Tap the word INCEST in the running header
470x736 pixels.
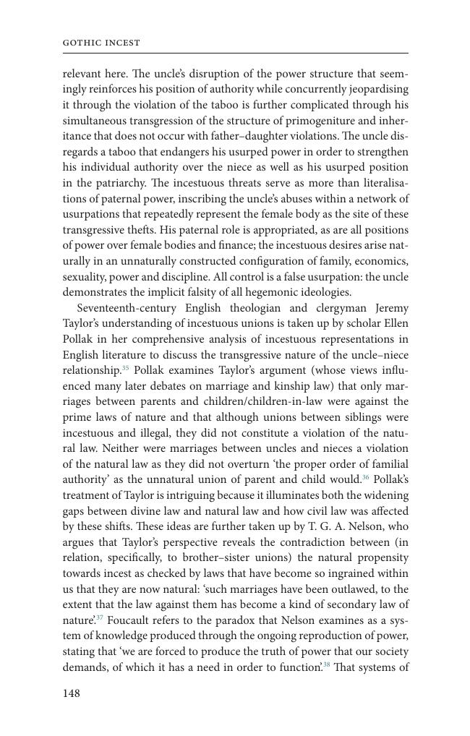121,43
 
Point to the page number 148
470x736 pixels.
72,693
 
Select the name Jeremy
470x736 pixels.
392,308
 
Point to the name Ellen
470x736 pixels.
393,323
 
